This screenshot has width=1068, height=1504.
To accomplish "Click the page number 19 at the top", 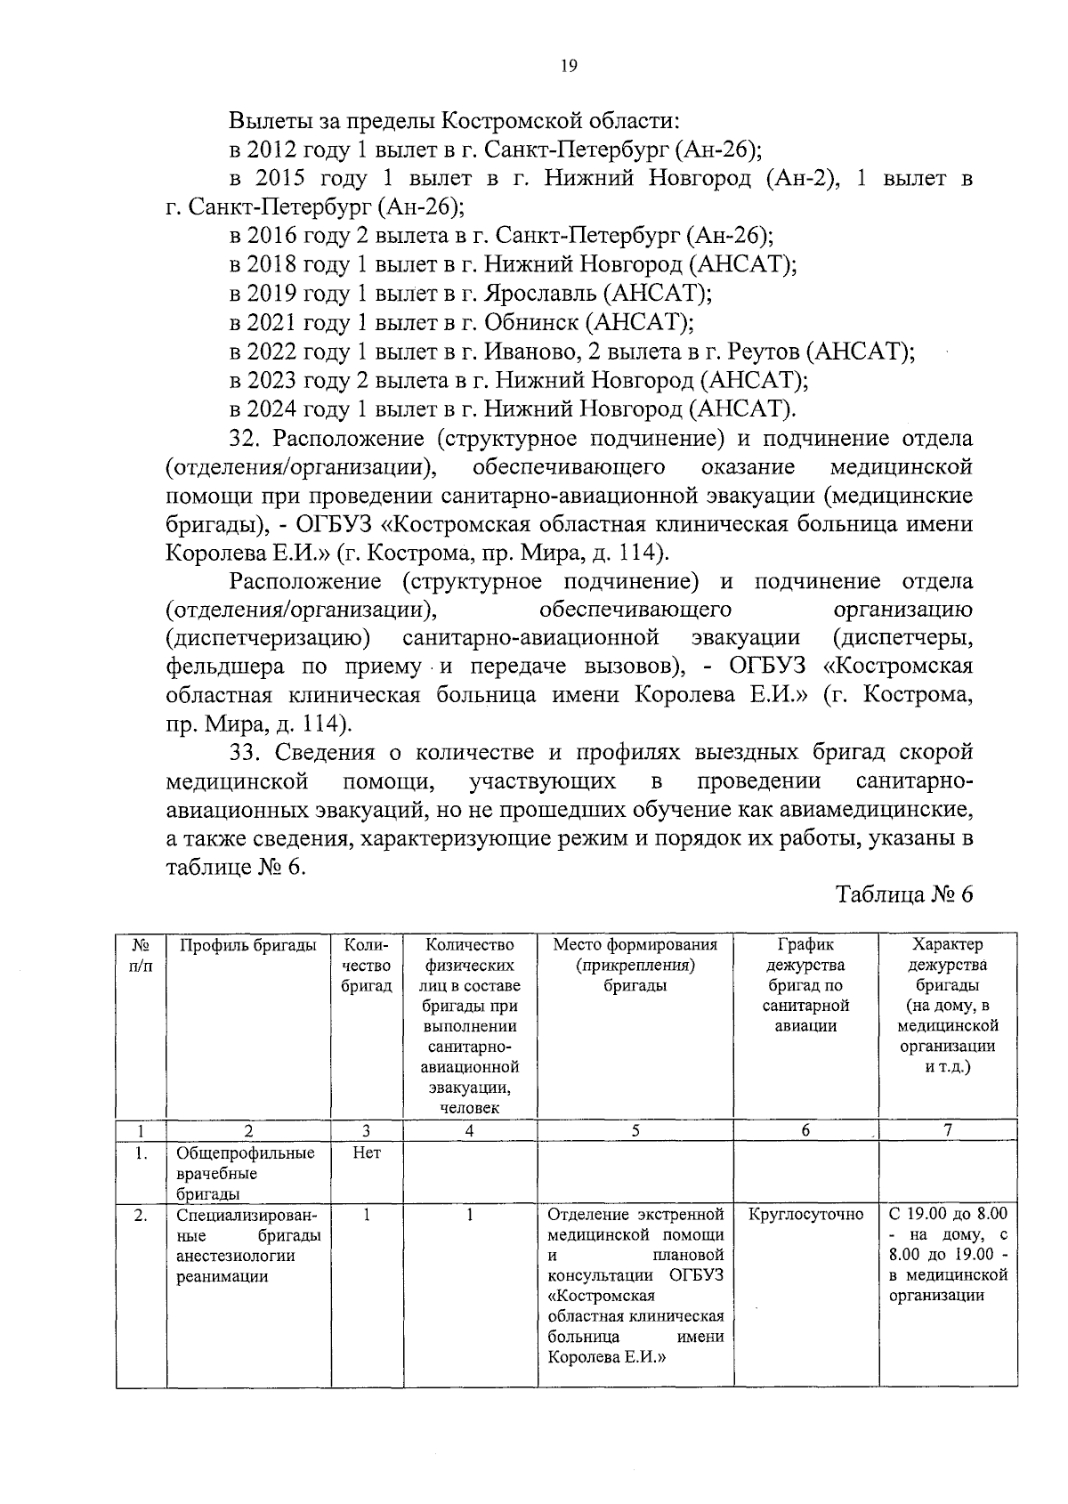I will tap(570, 65).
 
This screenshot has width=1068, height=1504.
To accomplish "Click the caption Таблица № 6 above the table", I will tap(904, 894).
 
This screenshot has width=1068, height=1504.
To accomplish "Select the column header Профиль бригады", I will tap(248, 945).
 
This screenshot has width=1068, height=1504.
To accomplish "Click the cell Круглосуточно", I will tap(806, 1215).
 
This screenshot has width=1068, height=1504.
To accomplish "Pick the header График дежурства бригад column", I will tap(805, 985).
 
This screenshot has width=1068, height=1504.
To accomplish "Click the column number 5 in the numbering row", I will tap(635, 1131).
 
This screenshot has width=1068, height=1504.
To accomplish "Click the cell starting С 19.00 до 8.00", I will tap(948, 1254).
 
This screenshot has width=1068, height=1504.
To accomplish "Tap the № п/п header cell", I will tap(141, 955).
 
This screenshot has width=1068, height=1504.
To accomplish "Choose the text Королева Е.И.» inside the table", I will tap(607, 1357).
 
